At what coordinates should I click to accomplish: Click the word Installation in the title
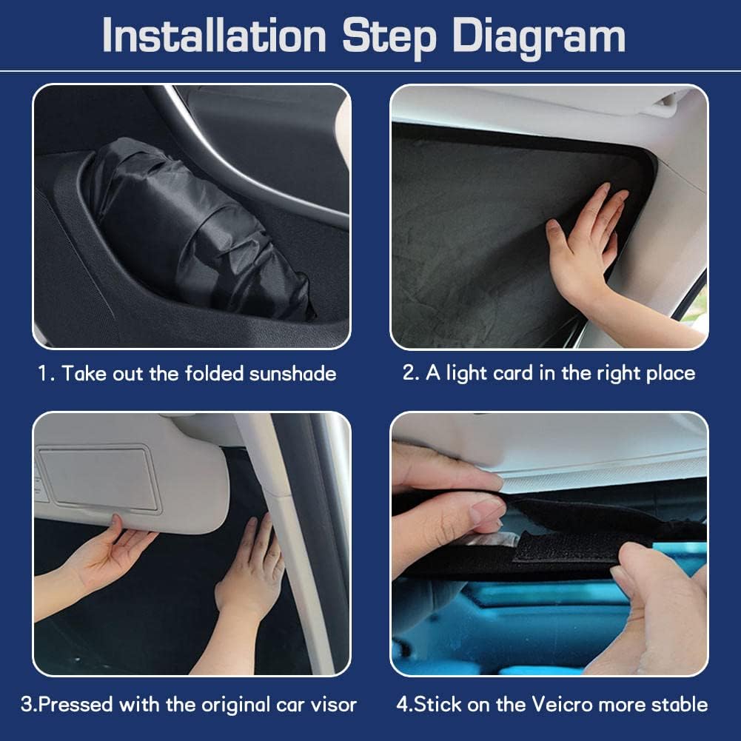point(214,35)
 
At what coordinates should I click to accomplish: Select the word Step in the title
point(383,35)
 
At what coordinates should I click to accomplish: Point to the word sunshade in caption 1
point(292,373)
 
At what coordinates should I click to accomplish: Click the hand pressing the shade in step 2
point(585,244)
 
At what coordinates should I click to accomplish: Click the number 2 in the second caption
point(409,372)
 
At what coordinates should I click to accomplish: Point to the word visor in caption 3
point(332,703)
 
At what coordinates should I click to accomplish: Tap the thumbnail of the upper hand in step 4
point(485,511)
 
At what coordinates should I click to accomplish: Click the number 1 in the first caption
point(43,373)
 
